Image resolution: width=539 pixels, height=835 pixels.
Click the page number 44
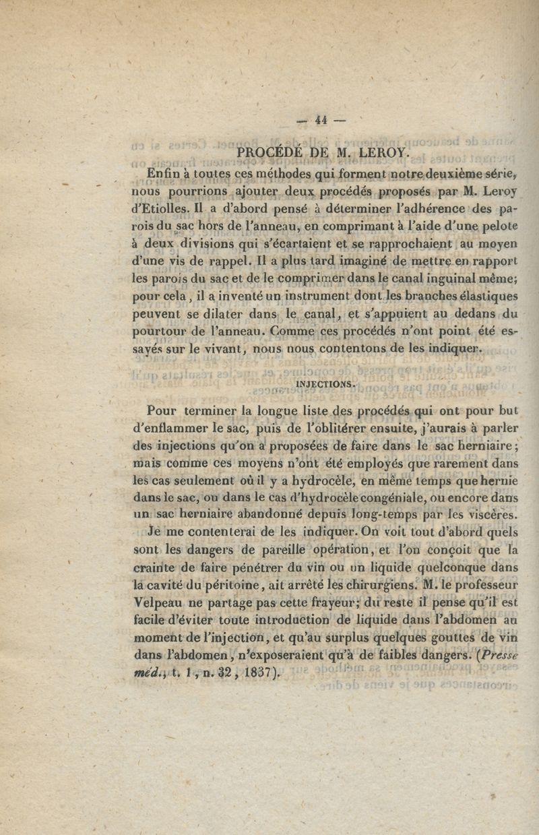point(319,121)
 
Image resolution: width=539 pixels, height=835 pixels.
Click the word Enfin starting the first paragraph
point(162,175)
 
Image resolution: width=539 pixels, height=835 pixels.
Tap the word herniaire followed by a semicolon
point(484,444)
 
